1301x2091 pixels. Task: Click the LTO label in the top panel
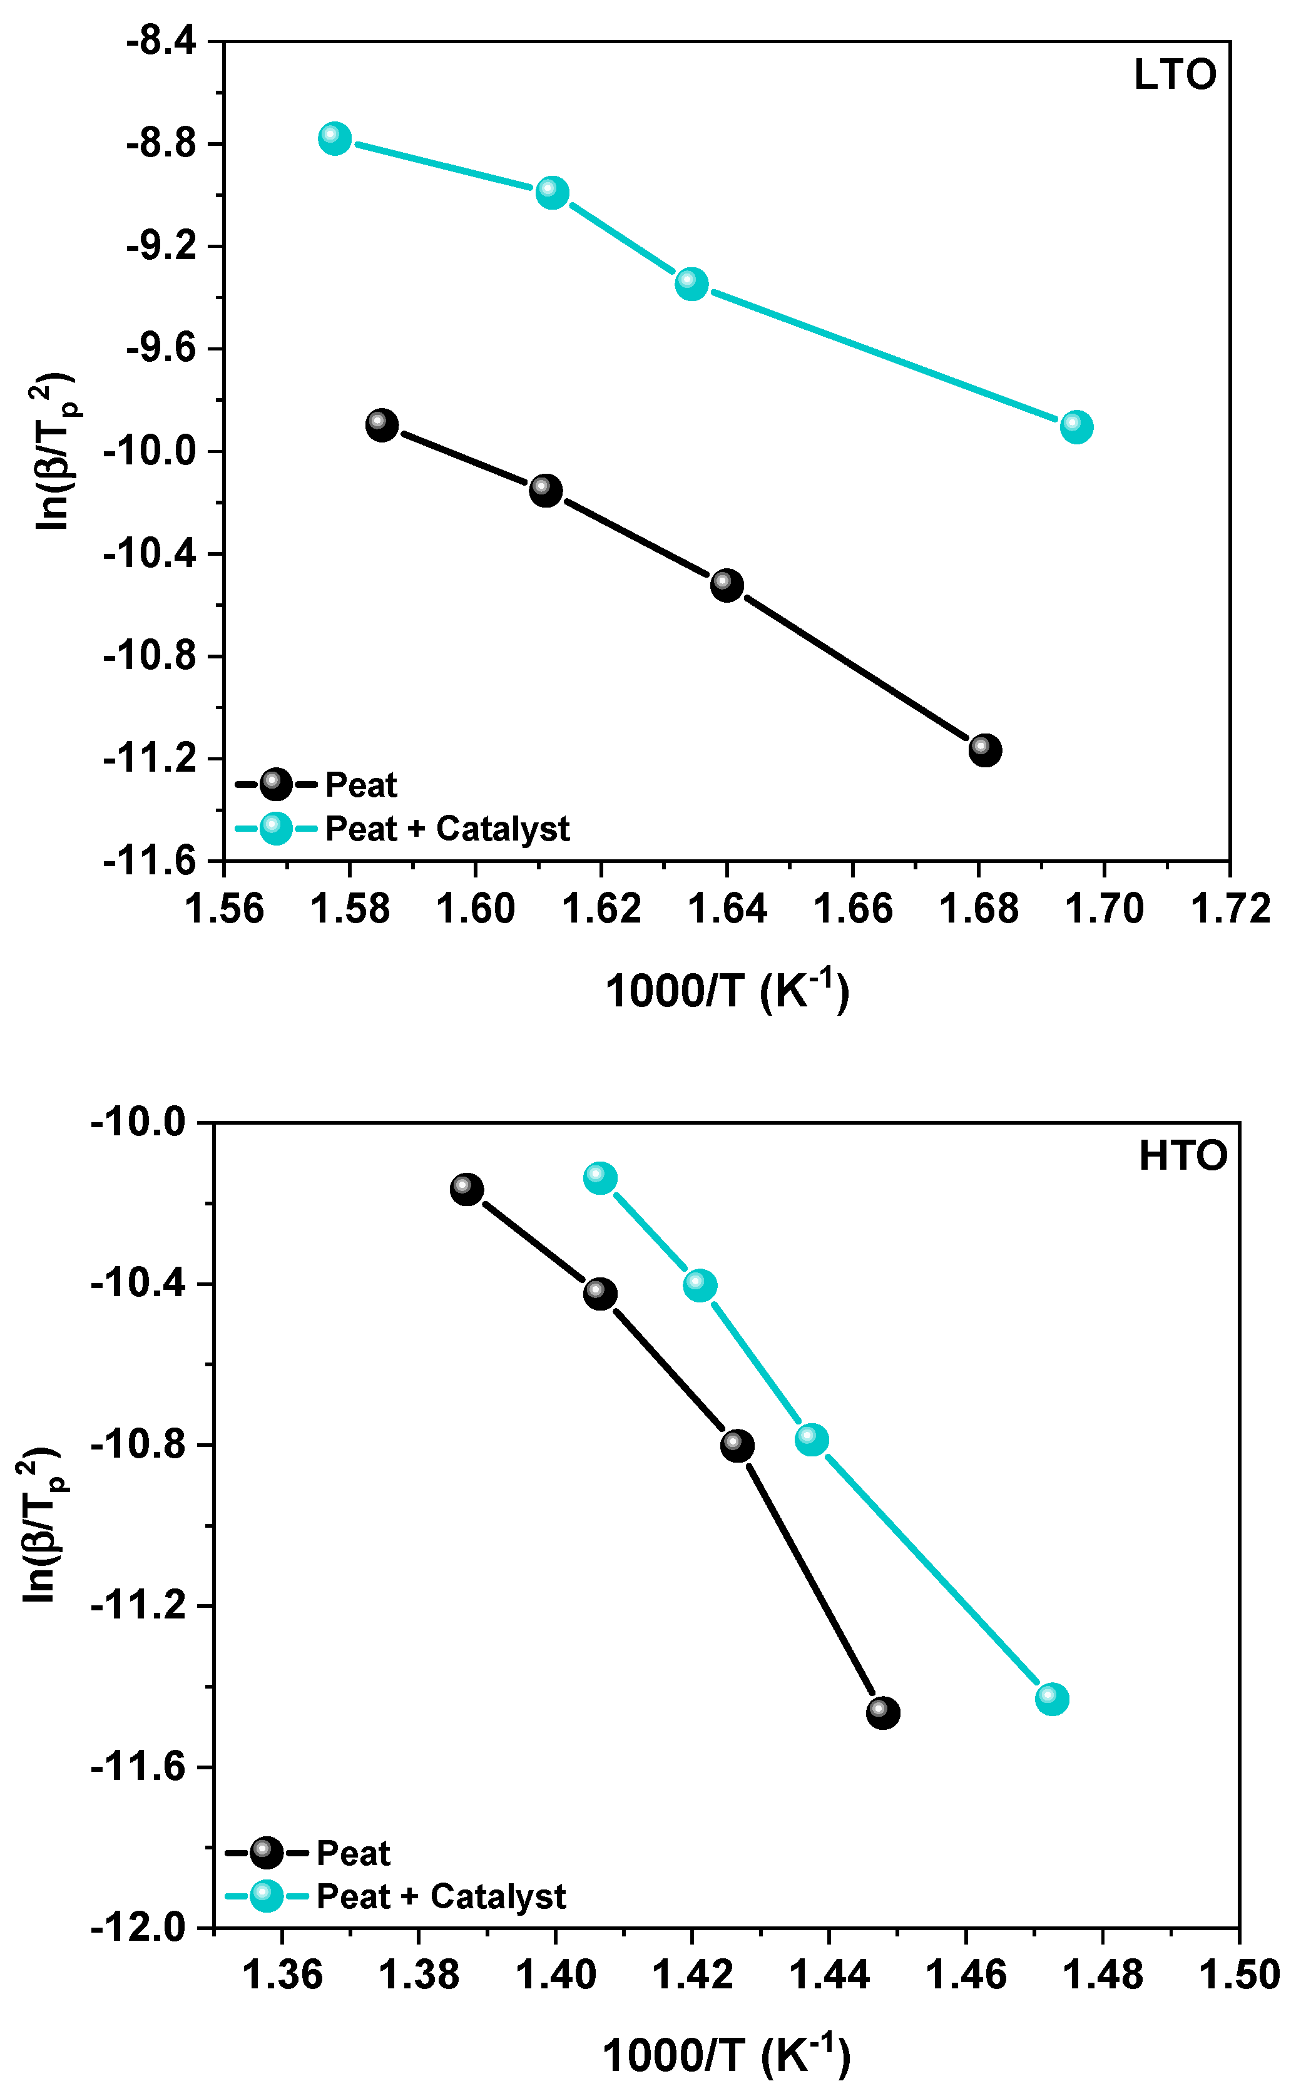1175,76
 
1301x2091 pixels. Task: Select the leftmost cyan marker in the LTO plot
335,138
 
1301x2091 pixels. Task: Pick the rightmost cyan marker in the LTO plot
1076,426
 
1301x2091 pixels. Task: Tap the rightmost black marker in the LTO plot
984,750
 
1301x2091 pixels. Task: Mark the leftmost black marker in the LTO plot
381,424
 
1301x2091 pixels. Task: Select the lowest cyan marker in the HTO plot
1051,1699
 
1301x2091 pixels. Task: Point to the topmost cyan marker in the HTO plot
599,1178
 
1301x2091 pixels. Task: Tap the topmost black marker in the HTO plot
466,1190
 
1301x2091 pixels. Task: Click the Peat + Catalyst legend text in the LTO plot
447,829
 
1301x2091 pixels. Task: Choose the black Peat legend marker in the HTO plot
266,1853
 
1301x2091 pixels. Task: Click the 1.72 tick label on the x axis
1230,909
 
